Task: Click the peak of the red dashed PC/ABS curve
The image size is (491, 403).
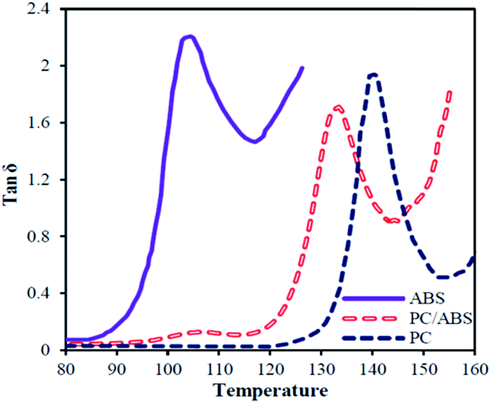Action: coord(337,107)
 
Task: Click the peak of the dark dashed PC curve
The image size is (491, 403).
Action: coord(373,74)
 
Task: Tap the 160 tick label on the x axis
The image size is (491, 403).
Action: coord(474,368)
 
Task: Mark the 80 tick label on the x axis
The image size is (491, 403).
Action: coord(66,368)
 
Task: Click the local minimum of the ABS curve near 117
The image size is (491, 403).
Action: coord(255,141)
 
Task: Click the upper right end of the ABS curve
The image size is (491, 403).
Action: coord(302,68)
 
